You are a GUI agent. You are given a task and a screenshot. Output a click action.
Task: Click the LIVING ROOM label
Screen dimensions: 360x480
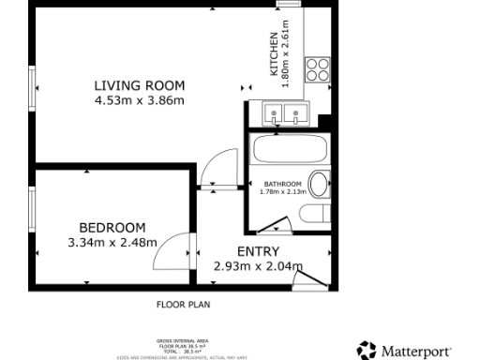[x=139, y=86]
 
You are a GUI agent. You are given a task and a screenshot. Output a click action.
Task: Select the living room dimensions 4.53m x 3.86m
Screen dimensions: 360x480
[x=139, y=100]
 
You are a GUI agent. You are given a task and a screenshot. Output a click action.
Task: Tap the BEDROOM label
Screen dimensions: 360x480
[x=112, y=228]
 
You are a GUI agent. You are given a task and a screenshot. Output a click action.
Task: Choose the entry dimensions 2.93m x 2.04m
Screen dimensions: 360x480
[x=258, y=266]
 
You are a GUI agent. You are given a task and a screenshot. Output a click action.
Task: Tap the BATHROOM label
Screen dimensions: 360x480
[x=282, y=184]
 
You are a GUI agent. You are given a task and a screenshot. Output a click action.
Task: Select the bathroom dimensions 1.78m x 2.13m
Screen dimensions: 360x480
[x=282, y=192]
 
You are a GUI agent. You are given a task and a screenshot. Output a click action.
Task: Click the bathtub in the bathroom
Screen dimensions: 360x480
[x=288, y=150]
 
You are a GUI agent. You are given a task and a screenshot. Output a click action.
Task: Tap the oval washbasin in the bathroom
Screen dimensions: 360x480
[x=319, y=185]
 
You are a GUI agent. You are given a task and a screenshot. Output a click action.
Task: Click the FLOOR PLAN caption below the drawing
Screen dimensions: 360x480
[x=183, y=305]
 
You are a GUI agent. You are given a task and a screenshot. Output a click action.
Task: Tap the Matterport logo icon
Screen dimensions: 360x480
[x=366, y=350]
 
